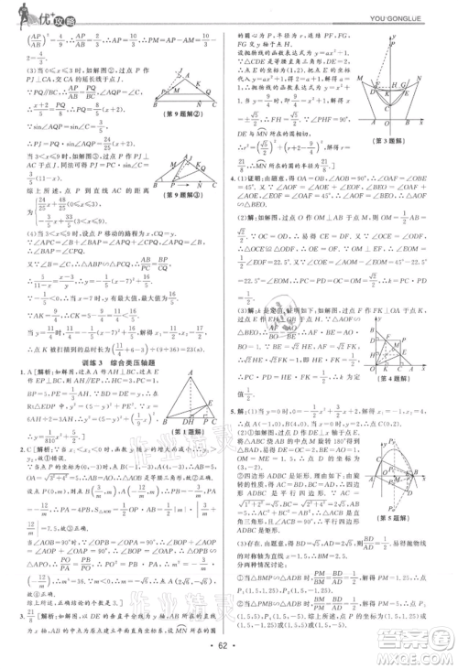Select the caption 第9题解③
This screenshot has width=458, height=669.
[186, 218]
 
